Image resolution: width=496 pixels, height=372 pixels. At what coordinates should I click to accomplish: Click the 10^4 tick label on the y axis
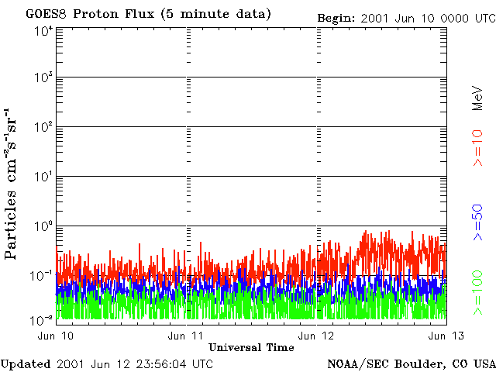[43, 30]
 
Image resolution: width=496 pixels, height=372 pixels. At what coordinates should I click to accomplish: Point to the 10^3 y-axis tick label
[43, 78]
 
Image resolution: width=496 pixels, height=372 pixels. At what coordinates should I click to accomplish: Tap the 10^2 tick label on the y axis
[43, 127]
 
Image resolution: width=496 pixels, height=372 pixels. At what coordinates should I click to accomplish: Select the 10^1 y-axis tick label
[43, 177]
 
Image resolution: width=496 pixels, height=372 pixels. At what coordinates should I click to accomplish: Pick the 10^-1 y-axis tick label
[42, 275]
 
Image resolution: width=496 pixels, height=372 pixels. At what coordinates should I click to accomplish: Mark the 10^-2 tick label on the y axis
[42, 319]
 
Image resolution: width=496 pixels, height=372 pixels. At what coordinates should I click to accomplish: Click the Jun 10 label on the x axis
[55, 335]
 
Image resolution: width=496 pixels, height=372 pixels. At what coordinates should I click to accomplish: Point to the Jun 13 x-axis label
[447, 335]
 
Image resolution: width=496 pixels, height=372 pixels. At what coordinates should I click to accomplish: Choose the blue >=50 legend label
[478, 223]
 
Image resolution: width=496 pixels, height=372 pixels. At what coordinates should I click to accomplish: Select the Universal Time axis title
[251, 347]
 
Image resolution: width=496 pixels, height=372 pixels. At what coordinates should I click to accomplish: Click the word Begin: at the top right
[336, 17]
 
